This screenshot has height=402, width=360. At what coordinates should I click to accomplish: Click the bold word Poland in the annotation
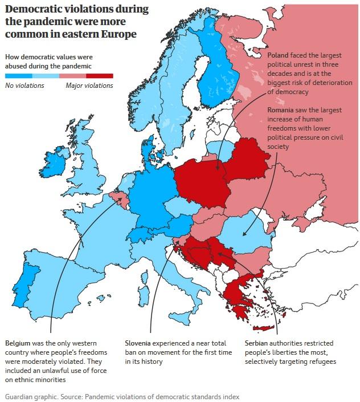click(279, 55)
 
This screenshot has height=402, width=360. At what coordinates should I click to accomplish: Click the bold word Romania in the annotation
click(282, 110)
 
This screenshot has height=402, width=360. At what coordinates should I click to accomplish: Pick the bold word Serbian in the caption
click(258, 343)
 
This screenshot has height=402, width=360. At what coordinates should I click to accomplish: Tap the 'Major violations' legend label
click(89, 86)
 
